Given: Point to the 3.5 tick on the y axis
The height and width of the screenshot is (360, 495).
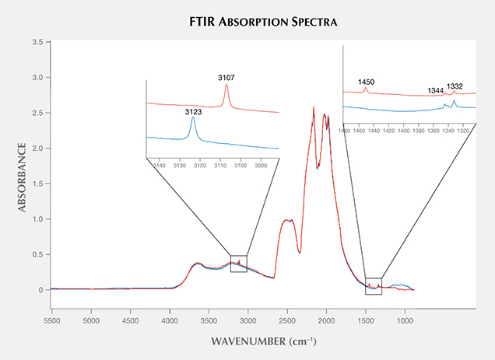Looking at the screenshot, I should pos(37,42).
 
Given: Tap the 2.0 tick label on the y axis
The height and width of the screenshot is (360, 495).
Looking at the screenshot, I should pos(37,149).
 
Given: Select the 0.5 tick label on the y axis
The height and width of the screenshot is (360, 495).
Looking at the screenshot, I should pos(37,254).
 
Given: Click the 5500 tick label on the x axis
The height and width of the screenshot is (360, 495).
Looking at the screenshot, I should pos(52,320).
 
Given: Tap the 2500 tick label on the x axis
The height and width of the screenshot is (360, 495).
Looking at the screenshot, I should pos(287,320).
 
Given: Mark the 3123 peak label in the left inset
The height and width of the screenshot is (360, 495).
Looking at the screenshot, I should pos(193,111).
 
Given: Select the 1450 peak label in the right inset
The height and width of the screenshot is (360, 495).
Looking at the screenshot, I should pos(367,82).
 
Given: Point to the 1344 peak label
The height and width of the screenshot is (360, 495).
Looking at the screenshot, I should pos(436,91).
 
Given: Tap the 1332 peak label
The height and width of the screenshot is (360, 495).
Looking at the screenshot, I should pos(455,86).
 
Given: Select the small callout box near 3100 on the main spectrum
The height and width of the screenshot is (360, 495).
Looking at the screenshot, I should pos(239,264).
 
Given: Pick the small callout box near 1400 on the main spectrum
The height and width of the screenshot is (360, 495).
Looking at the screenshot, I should pos(374,286).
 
